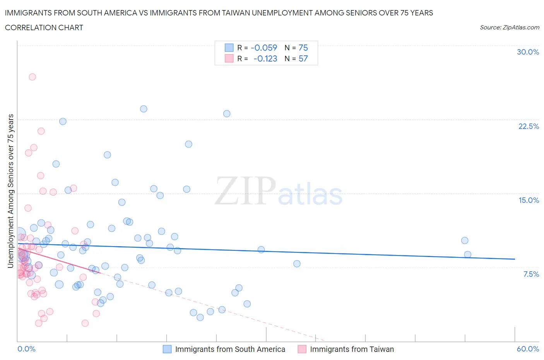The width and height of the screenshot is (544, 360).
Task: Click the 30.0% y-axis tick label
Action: click(x=528, y=52)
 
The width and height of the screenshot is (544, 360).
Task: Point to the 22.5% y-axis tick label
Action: click(x=529, y=126)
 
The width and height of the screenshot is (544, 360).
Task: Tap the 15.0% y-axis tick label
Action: click(x=529, y=200)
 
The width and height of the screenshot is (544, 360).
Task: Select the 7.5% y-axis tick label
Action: click(x=531, y=274)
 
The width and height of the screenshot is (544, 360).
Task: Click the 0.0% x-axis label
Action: click(x=27, y=349)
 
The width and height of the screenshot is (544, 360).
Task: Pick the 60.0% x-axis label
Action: click(x=528, y=349)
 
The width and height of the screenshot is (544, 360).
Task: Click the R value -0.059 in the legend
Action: click(x=264, y=48)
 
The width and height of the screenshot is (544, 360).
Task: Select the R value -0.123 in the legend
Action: click(x=265, y=58)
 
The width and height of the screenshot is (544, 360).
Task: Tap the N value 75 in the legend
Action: click(x=303, y=48)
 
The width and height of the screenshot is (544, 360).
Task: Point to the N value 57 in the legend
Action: click(x=303, y=58)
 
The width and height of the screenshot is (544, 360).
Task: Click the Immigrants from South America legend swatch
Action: click(x=167, y=349)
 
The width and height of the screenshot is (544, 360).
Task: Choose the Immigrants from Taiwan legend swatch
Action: click(x=302, y=349)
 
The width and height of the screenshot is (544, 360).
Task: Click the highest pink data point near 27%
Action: click(x=33, y=77)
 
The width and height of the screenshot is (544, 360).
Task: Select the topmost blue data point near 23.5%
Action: click(x=144, y=109)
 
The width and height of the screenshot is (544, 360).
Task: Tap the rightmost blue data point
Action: click(x=467, y=254)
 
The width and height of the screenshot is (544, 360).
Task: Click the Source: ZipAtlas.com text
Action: click(x=509, y=27)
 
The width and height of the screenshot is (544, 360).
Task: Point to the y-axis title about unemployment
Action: click(x=11, y=191)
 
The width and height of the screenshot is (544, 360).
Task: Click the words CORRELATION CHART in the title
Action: click(x=44, y=27)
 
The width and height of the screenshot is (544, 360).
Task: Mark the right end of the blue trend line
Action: click(x=515, y=259)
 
